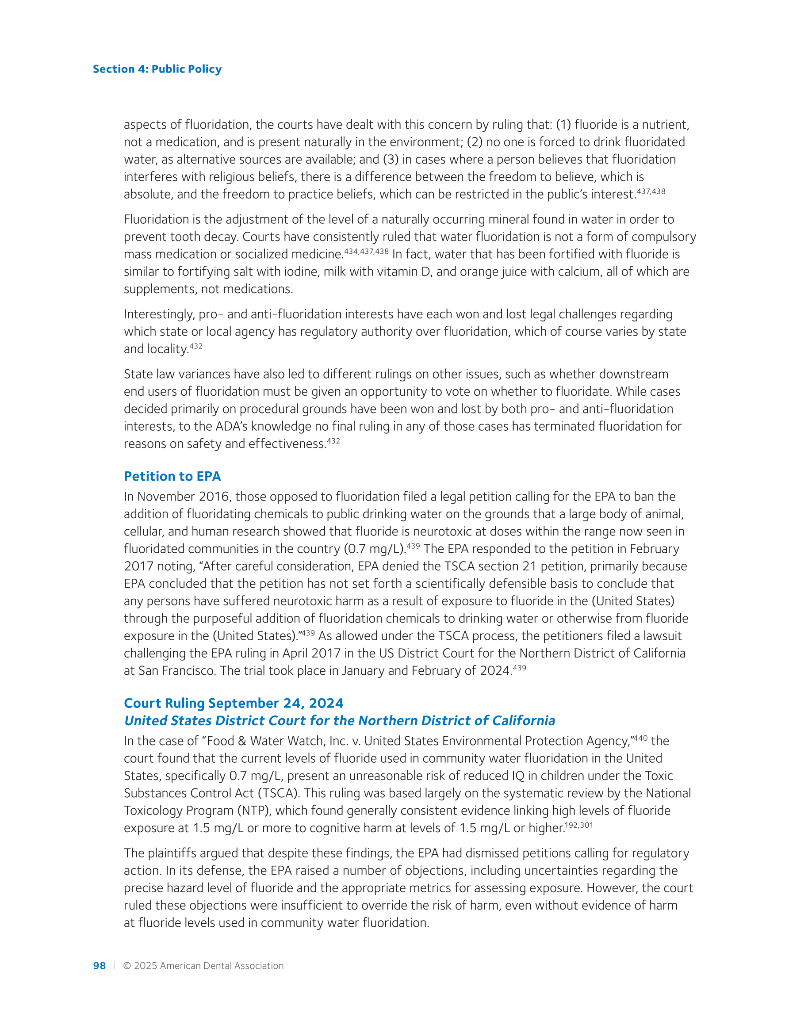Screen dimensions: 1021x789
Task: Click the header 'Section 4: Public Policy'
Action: [x=157, y=69]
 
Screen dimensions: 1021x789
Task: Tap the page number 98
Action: [x=99, y=965]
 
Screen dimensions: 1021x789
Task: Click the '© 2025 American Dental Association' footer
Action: [x=203, y=965]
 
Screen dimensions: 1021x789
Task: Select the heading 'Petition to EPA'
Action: [x=172, y=476]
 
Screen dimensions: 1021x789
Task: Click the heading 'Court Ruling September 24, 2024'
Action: [x=234, y=703]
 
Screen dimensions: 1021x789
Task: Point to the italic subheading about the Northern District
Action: [x=339, y=720]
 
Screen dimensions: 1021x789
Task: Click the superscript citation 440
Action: [x=641, y=738]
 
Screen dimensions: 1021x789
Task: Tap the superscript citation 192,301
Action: [x=579, y=825]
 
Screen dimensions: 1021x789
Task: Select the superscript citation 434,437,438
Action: [x=366, y=251]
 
